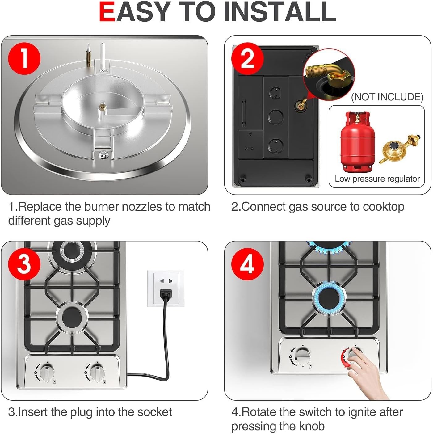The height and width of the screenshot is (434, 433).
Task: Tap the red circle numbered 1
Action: coord(24,58)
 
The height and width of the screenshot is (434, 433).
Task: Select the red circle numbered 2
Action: coord(247,58)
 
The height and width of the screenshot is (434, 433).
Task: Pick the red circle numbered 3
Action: coord(24,264)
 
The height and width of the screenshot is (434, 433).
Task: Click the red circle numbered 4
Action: coord(247,264)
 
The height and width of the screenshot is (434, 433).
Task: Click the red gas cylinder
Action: coord(357,142)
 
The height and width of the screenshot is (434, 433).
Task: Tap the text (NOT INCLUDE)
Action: coord(387,97)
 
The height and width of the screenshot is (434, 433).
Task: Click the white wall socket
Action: coord(166,288)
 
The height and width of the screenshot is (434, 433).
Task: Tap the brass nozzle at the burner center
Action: coord(101,107)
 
